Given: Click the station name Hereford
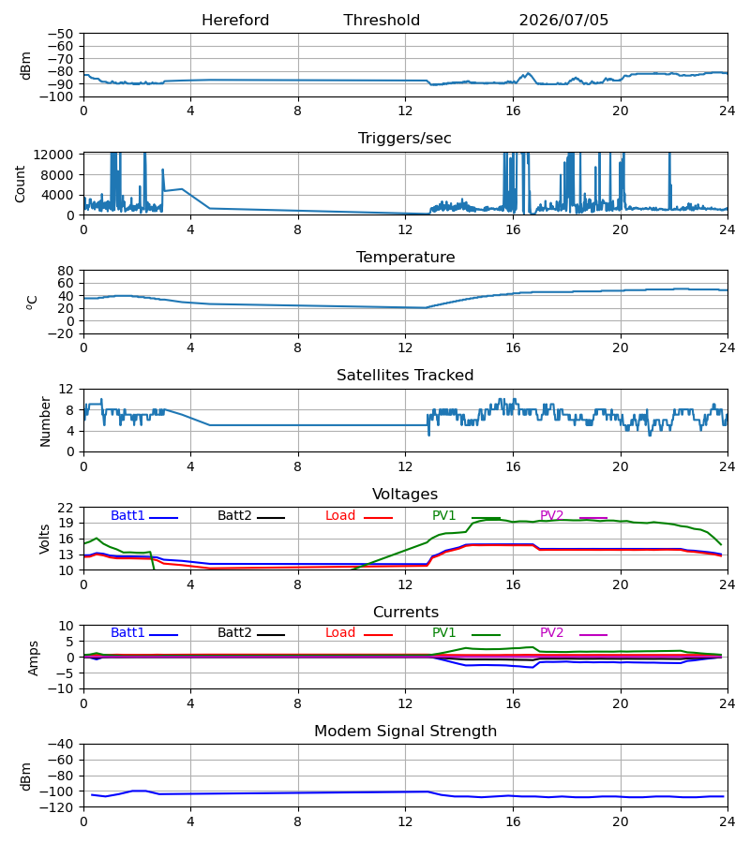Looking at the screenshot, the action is click(x=235, y=21).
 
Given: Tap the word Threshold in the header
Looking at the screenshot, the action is click(x=382, y=21).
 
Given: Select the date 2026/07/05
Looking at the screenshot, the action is click(x=563, y=21).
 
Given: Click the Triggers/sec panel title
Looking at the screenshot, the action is click(x=405, y=139).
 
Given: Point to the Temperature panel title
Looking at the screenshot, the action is click(x=405, y=257).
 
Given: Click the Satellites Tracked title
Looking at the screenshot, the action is click(x=405, y=376).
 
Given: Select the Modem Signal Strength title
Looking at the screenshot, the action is click(x=405, y=732).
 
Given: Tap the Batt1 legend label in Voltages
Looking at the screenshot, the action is click(x=127, y=515).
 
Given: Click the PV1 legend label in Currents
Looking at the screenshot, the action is click(x=443, y=633).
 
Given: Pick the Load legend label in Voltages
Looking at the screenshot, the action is click(x=340, y=515).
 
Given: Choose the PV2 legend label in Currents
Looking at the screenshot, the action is click(x=551, y=633).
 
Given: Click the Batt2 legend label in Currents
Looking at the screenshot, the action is click(x=234, y=633).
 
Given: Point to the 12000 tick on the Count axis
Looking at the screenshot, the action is click(x=53, y=155).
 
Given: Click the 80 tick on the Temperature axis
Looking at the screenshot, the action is click(x=66, y=271).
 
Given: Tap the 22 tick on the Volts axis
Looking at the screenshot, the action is click(x=66, y=508).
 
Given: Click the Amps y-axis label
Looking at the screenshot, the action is click(x=34, y=658).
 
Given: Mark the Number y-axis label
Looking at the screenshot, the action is click(x=45, y=421).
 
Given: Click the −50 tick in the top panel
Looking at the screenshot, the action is click(x=61, y=34).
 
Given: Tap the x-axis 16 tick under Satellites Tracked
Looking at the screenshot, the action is click(x=513, y=466).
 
